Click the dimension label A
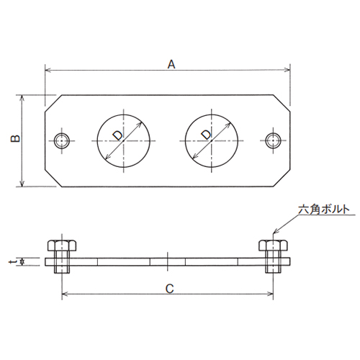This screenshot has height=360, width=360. [171, 64]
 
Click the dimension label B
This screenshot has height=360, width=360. [16, 139]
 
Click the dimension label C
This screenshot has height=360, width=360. [168, 289]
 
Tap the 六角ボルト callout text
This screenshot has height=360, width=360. [325, 210]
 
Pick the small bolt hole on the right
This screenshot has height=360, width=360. [274, 140]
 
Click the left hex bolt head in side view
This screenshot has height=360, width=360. [63, 246]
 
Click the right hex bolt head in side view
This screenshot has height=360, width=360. [274, 246]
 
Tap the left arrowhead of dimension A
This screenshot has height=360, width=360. [48, 71]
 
